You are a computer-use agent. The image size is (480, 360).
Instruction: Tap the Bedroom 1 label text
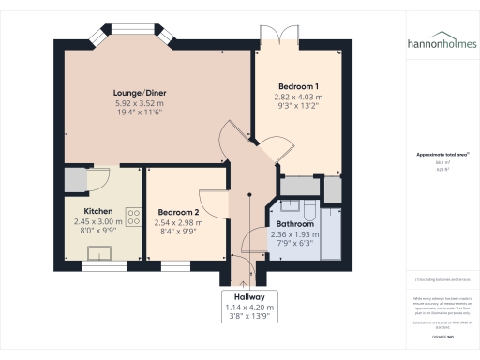[x=296, y=86]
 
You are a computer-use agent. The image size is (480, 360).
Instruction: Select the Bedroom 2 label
[x=178, y=212]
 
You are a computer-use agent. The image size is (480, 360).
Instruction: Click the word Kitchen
[x=98, y=212]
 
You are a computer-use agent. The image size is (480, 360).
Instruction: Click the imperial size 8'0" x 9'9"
[x=98, y=231]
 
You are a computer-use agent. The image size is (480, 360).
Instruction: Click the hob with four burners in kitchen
[x=133, y=217]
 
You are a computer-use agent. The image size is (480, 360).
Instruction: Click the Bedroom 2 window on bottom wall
[x=177, y=266]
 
